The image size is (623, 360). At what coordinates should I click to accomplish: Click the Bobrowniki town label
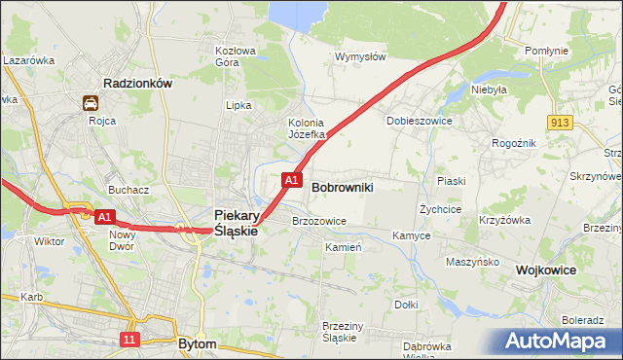pyautogui.click(x=343, y=186)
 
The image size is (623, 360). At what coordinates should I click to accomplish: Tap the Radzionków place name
pyautogui.click(x=138, y=84)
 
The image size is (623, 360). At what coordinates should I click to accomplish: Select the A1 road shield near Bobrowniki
pyautogui.click(x=291, y=180)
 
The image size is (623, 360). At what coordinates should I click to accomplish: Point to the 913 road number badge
pyautogui.click(x=559, y=122)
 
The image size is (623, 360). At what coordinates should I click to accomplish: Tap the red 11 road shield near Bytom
pyautogui.click(x=129, y=339)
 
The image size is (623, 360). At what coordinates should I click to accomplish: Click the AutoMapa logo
pyautogui.click(x=560, y=342)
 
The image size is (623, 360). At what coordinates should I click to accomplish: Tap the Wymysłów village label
pyautogui.click(x=360, y=56)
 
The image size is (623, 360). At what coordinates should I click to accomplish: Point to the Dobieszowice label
pyautogui.click(x=420, y=121)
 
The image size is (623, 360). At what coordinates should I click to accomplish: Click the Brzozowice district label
pyautogui.click(x=319, y=221)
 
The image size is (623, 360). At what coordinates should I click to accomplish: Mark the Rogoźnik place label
pyautogui.click(x=514, y=142)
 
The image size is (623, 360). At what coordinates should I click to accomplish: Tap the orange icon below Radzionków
pyautogui.click(x=91, y=102)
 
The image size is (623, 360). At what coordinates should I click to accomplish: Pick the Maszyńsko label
pyautogui.click(x=472, y=262)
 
